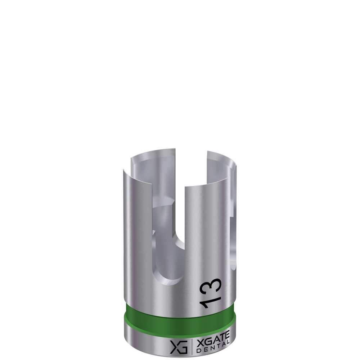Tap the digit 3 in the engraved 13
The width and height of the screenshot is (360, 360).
[211, 286]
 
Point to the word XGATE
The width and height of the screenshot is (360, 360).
[212, 341]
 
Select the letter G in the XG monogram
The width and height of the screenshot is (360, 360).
[183, 348]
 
